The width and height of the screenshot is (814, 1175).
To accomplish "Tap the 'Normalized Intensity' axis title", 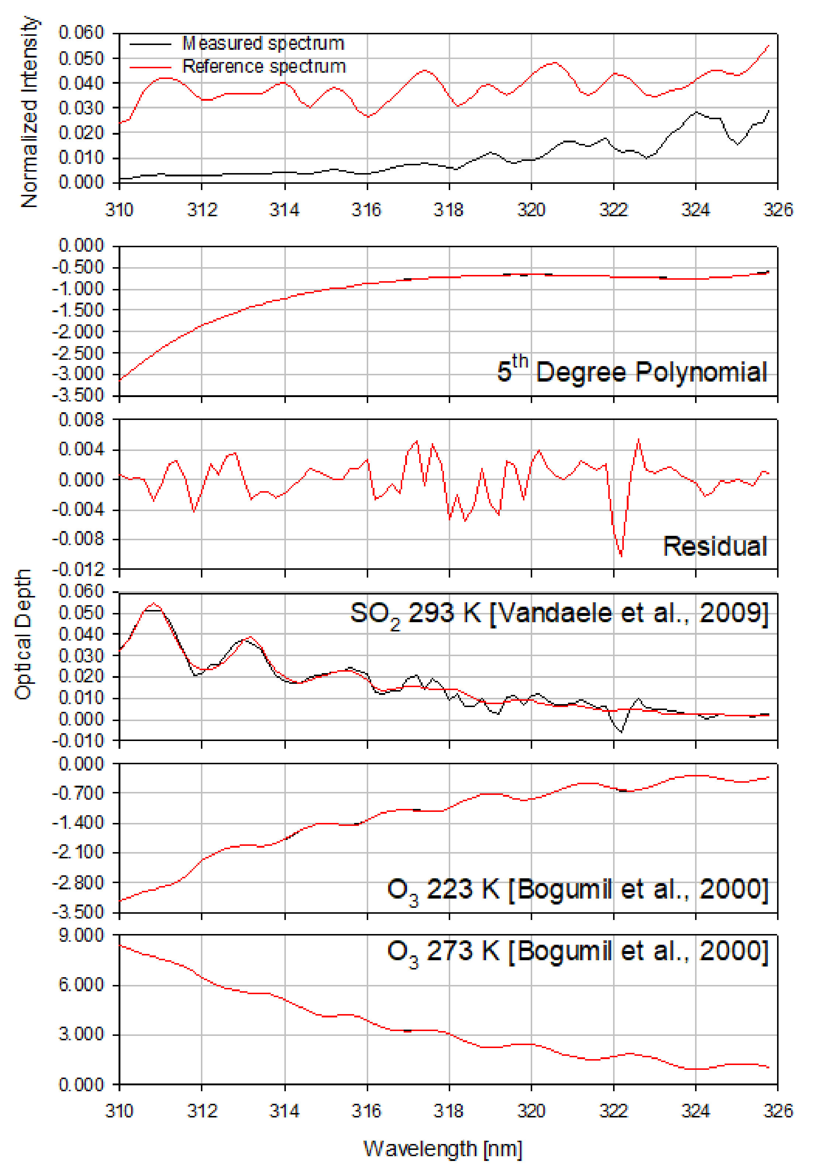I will (x=29, y=112).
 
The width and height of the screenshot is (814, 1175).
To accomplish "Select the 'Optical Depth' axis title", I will (x=23, y=634).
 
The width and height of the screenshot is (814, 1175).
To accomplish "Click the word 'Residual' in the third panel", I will (x=715, y=546).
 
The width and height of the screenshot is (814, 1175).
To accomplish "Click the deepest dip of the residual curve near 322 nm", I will (x=621, y=555).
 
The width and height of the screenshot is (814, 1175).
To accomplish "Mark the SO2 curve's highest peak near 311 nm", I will (x=154, y=604).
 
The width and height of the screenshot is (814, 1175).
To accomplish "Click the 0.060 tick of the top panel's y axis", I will (x=81, y=33).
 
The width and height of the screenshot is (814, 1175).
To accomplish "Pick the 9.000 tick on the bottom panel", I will (x=81, y=935).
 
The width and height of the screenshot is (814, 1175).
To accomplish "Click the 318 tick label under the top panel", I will (x=448, y=209).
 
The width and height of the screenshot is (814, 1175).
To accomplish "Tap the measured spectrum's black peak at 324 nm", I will (x=696, y=111).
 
